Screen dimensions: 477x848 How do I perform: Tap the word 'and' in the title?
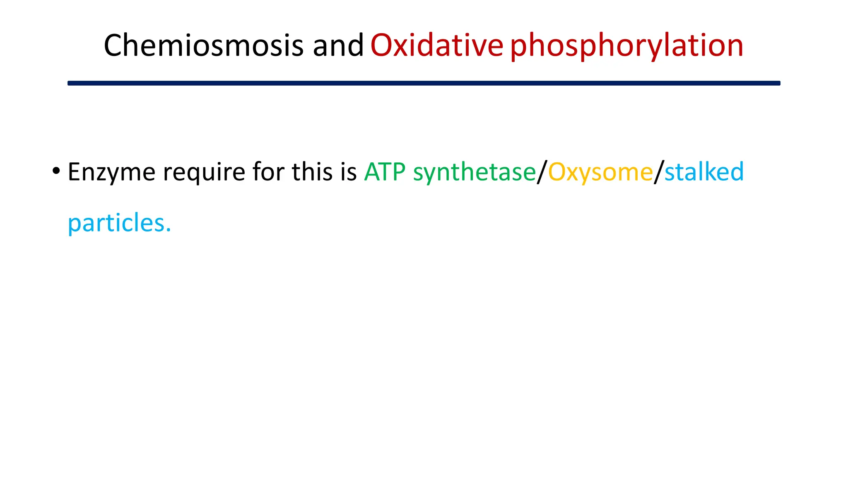coord(338,45)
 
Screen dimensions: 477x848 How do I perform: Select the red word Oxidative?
coord(436,45)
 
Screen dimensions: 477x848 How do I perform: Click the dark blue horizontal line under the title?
coord(424,83)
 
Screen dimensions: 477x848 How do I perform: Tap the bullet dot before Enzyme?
coord(56,171)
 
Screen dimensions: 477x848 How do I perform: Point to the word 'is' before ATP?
coord(349,171)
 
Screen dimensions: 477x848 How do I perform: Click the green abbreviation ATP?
coord(385,171)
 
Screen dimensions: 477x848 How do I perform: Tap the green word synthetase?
coord(474,172)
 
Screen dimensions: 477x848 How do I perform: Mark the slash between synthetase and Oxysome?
coord(542,172)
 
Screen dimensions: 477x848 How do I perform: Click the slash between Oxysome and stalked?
coord(659,172)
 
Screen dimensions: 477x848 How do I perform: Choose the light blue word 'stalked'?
coord(704,171)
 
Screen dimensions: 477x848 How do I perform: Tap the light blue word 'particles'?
coord(116,224)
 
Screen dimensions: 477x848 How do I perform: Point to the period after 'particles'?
coord(168,230)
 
